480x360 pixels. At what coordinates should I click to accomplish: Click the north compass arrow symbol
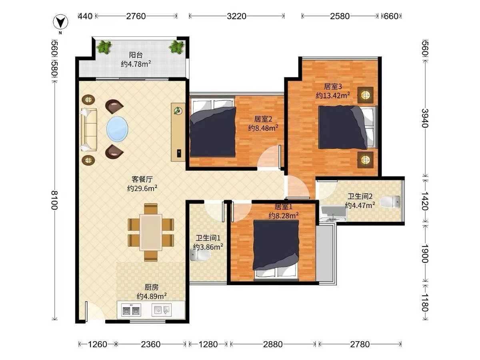pyautogui.click(x=60, y=22)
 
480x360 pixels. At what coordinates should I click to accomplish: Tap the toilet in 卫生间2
pyautogui.click(x=390, y=202)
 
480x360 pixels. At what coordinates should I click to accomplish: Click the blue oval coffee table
pyautogui.click(x=117, y=129)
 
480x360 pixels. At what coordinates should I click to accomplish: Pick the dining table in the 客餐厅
pyautogui.click(x=151, y=232)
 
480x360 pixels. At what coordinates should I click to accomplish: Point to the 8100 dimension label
pyautogui.click(x=54, y=200)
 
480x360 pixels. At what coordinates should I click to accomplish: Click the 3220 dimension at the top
pyautogui.click(x=236, y=16)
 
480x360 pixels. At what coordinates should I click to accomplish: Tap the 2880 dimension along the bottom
pyautogui.click(x=273, y=344)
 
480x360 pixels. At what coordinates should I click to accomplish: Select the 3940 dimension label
pyautogui.click(x=425, y=118)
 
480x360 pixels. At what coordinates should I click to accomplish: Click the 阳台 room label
pyautogui.click(x=136, y=55)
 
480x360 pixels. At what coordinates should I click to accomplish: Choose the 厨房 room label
pyautogui.click(x=151, y=287)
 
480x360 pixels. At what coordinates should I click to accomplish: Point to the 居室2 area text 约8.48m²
pyautogui.click(x=263, y=128)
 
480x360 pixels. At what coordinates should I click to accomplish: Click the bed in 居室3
pyautogui.click(x=348, y=127)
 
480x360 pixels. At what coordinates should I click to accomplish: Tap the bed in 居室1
pyautogui.click(x=276, y=251)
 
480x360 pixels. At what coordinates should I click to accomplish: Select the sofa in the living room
pyautogui.click(x=89, y=130)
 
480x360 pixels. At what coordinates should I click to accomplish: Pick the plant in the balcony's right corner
pyautogui.click(x=176, y=47)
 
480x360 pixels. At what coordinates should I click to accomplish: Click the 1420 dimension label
pyautogui.click(x=425, y=201)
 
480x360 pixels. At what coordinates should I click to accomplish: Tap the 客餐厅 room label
pyautogui.click(x=142, y=179)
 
